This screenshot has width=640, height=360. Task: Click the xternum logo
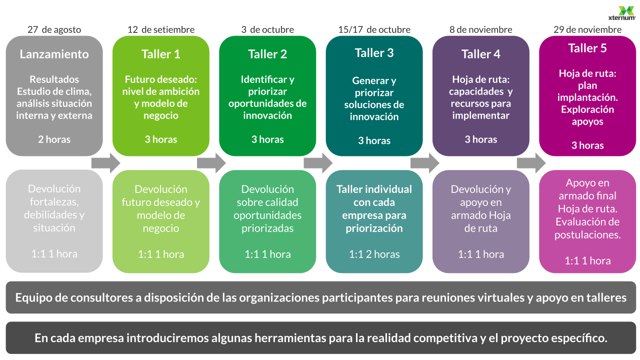(x=626, y=13)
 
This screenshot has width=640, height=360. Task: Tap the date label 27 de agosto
(x=54, y=29)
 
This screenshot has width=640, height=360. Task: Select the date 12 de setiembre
(x=160, y=29)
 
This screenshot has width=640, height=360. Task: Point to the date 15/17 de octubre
(x=374, y=29)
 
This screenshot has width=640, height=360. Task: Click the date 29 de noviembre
(x=587, y=29)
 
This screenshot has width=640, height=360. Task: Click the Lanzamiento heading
(x=54, y=54)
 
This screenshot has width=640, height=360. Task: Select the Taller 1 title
(x=160, y=54)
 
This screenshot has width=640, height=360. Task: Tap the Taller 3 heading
(x=374, y=52)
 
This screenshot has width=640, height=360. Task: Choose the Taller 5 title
(x=587, y=48)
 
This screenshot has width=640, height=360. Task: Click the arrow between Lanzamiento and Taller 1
(x=106, y=163)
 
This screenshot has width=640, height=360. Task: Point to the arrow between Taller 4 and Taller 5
(x=531, y=163)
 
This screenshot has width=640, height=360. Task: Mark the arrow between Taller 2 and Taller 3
(x=318, y=163)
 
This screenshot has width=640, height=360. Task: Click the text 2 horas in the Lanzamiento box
(x=54, y=139)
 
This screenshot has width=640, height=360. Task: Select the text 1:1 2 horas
(x=374, y=254)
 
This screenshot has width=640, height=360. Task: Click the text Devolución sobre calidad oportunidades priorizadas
(x=267, y=209)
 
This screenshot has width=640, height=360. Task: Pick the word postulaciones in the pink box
(x=587, y=234)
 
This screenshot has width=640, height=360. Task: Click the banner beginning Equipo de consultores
(x=320, y=298)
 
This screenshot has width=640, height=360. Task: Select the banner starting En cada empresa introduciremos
(x=320, y=338)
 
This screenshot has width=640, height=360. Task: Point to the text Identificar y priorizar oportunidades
(x=267, y=97)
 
